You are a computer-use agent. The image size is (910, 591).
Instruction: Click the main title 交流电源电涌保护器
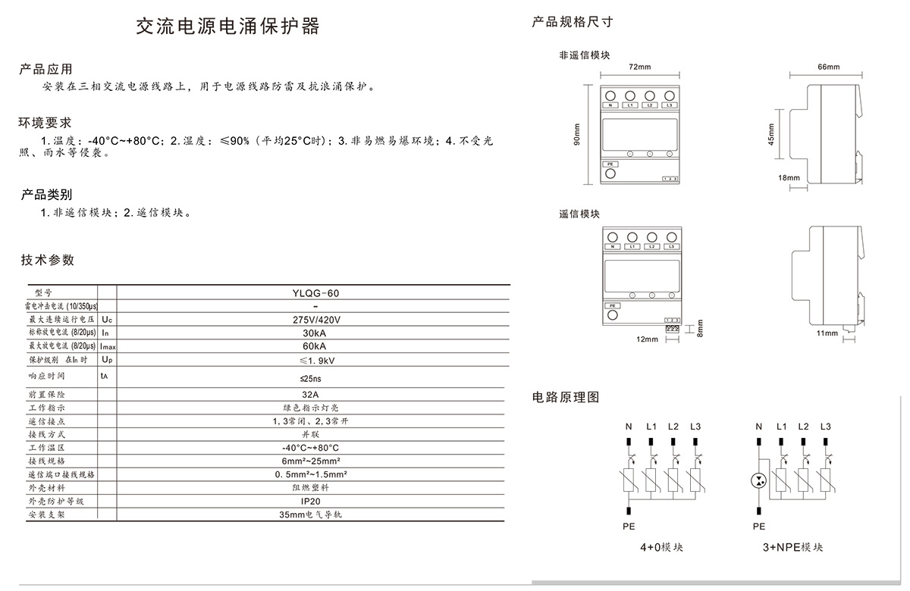coord(227,27)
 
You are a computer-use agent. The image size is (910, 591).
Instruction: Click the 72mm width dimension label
coord(640,67)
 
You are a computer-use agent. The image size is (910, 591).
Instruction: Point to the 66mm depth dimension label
coord(828,67)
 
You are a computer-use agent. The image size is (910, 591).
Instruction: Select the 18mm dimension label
coord(789,178)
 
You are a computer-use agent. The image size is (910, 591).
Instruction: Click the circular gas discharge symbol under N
coord(759,480)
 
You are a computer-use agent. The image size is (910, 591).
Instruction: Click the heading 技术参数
coord(48,260)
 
